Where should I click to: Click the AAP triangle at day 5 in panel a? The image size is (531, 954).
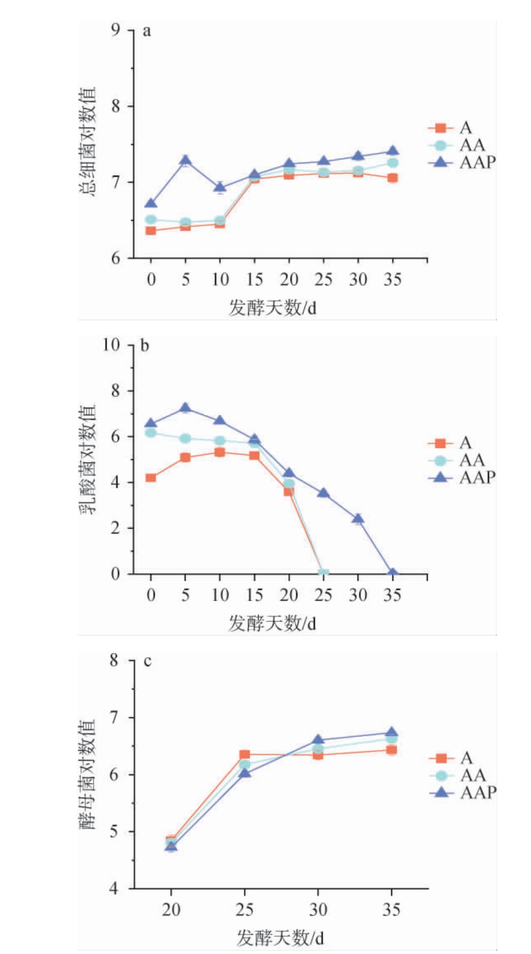coord(186,161)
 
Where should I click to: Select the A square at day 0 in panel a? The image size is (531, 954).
coord(151,230)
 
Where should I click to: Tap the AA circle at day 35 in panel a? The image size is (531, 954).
coord(392,162)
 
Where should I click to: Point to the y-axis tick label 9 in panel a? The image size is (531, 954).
coord(115,29)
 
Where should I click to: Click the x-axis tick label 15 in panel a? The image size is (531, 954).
coord(254,280)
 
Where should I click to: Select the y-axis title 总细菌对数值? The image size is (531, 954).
coord(87,141)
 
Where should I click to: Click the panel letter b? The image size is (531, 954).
coord(145,346)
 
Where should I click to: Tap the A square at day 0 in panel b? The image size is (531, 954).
coord(151,477)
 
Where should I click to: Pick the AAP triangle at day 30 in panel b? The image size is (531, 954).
coord(358,519)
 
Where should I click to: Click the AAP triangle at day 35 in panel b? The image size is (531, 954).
coord(392,573)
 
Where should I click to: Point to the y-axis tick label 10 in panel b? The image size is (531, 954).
coord(111,345)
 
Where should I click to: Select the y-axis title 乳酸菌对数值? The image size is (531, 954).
coord(87,458)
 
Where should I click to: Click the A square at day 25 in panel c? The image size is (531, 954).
coord(245,755)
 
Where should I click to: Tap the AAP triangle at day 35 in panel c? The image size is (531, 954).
coord(391,733)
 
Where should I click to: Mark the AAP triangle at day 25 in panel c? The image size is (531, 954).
coord(245,773)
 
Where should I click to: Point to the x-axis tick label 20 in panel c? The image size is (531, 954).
coord(171,909)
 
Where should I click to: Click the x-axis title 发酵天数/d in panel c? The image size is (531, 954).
coord(280,938)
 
